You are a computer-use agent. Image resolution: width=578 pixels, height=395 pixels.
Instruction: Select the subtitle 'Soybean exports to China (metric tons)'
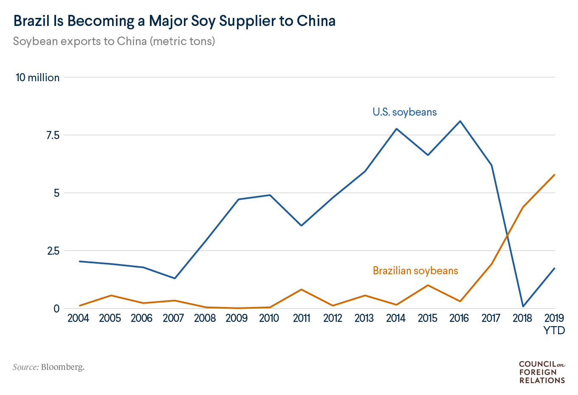[x=114, y=41]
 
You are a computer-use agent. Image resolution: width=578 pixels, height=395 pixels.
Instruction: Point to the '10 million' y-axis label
[x=37, y=77]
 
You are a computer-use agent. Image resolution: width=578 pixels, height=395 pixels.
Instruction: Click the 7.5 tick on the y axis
[x=52, y=135]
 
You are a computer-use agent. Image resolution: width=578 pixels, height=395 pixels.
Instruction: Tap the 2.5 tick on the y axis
[x=52, y=251]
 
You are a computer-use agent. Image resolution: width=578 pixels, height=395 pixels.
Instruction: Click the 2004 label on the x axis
[x=78, y=318]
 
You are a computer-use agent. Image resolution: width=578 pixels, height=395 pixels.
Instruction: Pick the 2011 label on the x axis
[x=301, y=318]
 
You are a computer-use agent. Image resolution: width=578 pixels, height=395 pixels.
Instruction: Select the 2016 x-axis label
[x=459, y=318]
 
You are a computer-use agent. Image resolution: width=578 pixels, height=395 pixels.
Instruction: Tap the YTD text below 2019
[x=554, y=330]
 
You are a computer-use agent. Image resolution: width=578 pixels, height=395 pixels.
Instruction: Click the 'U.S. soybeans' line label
[x=404, y=112]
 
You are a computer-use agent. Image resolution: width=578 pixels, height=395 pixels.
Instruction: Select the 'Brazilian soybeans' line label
[x=415, y=271]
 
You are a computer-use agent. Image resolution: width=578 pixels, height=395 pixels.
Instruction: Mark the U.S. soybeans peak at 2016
[x=460, y=121]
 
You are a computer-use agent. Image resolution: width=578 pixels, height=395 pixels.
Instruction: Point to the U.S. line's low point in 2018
[x=523, y=306]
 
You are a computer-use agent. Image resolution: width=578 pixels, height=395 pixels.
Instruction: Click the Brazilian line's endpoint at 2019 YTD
[x=555, y=175]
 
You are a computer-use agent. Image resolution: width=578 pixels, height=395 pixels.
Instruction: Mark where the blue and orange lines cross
[x=507, y=235]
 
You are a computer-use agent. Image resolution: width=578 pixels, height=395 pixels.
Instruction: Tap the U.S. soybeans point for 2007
[x=175, y=278]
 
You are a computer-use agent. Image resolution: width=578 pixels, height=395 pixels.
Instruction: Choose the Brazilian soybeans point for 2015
[x=428, y=285]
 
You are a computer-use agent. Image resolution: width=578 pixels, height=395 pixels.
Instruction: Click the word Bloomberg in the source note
[x=62, y=367]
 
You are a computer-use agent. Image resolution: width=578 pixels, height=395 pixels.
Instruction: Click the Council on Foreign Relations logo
[x=542, y=372]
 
